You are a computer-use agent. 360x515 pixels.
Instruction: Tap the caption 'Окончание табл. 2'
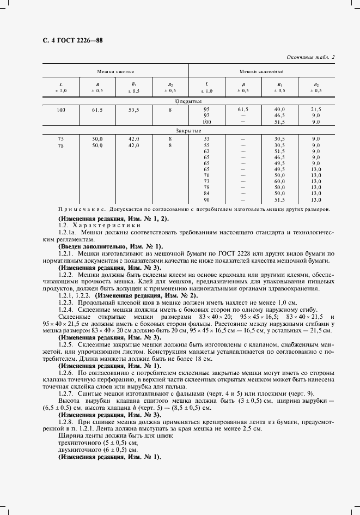(x=310, y=57)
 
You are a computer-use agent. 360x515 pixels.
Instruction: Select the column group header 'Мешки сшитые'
(x=115, y=71)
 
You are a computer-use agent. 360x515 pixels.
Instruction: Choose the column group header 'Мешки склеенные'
(x=262, y=71)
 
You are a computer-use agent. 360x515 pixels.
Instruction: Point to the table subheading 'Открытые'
(x=189, y=101)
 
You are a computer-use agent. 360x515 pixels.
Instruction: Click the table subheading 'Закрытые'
(x=189, y=131)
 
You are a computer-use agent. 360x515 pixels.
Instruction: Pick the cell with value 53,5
(x=133, y=110)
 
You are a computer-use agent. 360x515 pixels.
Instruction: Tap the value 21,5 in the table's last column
(x=316, y=110)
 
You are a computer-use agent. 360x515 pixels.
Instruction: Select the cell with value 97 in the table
(x=206, y=116)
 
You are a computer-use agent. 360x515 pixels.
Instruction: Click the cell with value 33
(x=206, y=140)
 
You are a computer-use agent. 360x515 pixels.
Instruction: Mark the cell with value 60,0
(x=279, y=181)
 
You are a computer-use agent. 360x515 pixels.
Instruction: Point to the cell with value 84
(x=206, y=193)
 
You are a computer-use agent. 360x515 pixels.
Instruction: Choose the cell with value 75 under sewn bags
(x=60, y=140)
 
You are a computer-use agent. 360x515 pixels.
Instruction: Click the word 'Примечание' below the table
(x=82, y=209)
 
